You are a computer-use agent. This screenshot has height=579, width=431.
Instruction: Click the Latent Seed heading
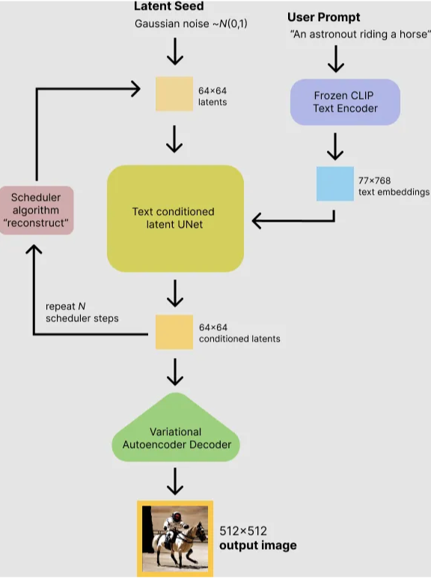click(168, 6)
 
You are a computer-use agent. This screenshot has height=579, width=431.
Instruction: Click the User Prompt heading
click(323, 17)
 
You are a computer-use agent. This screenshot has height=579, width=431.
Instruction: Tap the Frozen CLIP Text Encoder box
click(345, 102)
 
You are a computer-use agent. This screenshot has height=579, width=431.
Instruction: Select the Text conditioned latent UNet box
click(175, 218)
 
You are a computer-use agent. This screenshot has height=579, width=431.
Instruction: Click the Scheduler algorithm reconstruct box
click(37, 210)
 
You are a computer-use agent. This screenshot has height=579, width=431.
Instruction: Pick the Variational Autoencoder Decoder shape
click(175, 438)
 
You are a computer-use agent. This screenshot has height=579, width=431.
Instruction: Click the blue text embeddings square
click(334, 184)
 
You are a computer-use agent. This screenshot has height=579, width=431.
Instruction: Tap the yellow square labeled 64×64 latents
click(174, 94)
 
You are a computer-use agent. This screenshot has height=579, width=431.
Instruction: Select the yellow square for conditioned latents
click(174, 332)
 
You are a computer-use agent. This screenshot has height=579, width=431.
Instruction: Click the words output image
click(257, 545)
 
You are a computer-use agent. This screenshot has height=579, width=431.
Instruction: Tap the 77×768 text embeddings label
click(394, 185)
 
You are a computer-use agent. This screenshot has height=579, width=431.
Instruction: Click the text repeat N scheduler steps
click(82, 312)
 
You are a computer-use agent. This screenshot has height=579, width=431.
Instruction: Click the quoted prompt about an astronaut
click(360, 34)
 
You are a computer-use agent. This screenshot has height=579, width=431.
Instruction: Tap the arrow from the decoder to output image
click(174, 481)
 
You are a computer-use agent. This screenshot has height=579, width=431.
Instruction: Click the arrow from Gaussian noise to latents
click(174, 52)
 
